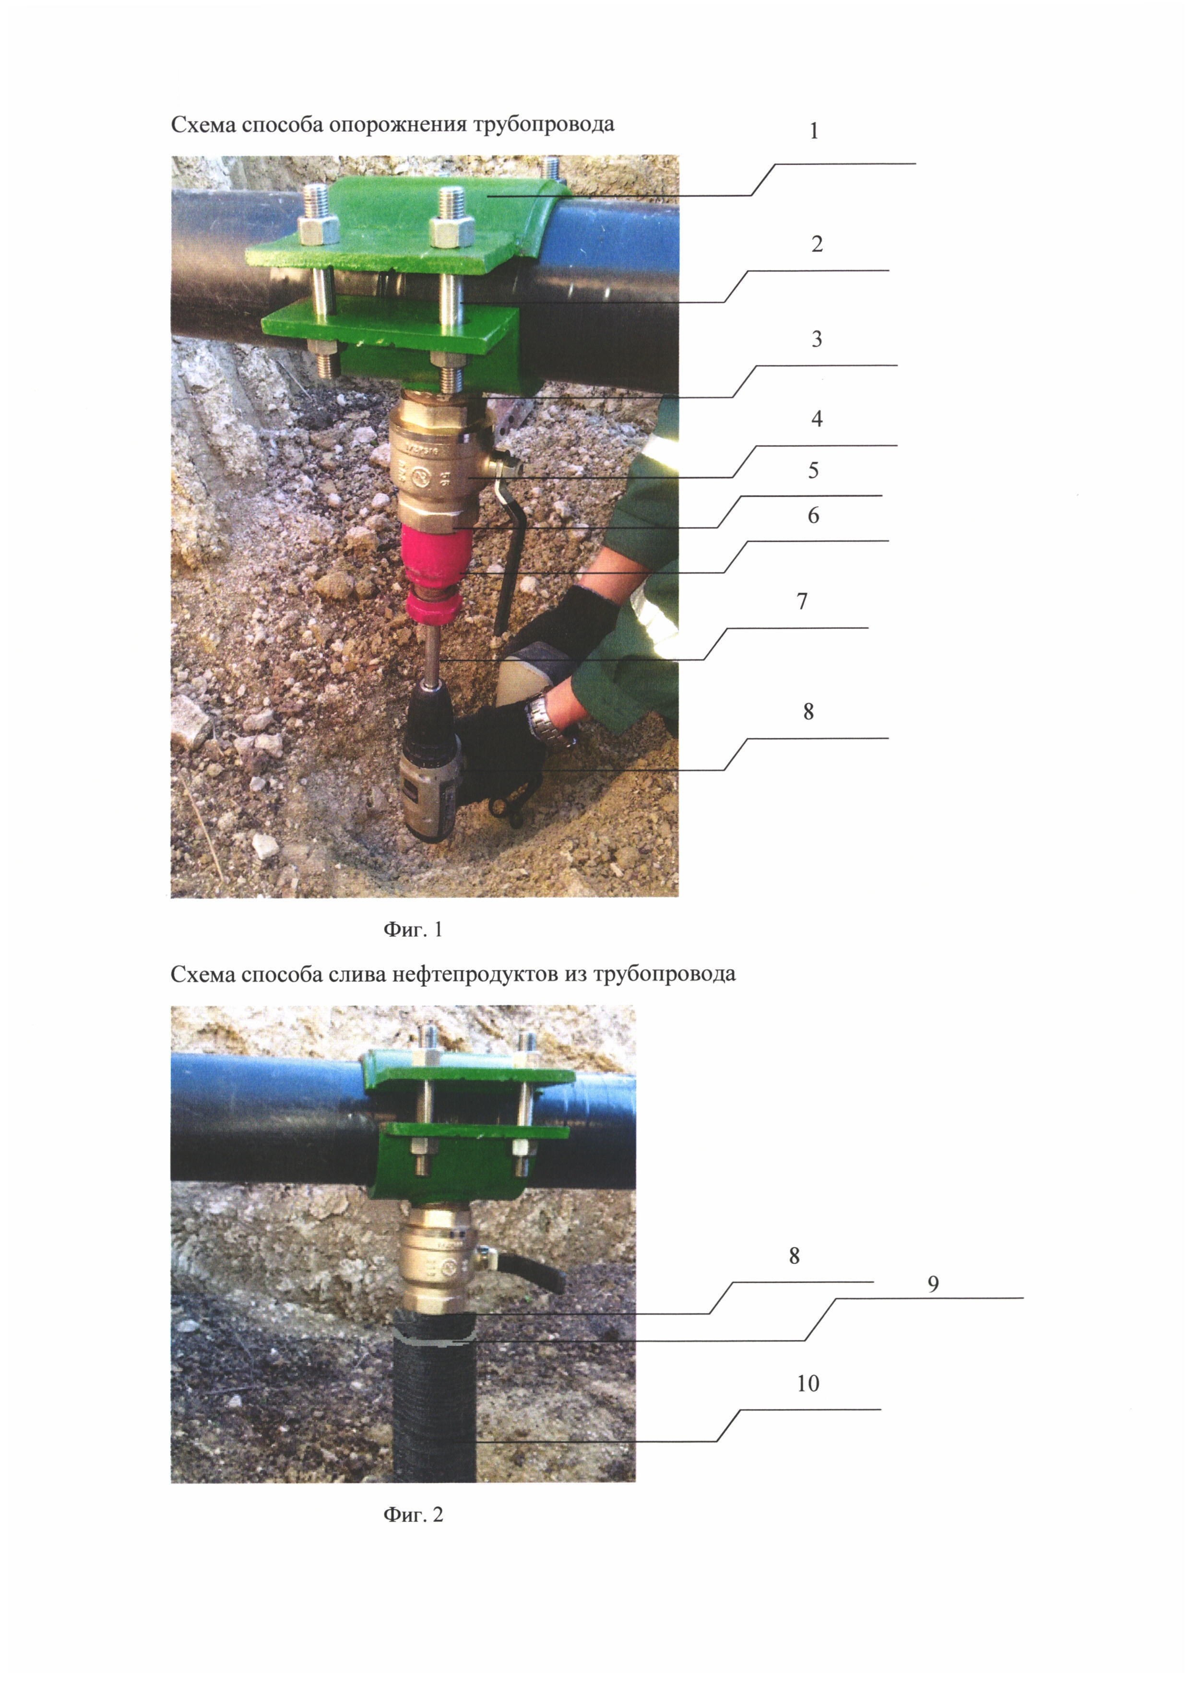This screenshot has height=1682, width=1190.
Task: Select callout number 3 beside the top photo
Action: coord(816,339)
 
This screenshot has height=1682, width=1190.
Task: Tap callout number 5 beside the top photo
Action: coord(813,470)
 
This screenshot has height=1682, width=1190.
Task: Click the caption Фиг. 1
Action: coord(413,929)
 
